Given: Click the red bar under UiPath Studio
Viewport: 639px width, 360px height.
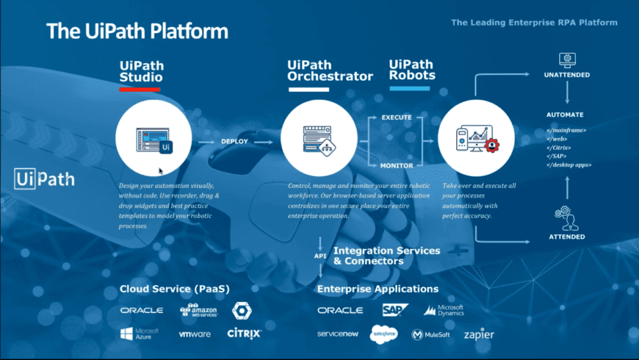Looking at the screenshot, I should (x=140, y=90).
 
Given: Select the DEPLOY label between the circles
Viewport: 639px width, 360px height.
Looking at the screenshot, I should (x=235, y=142).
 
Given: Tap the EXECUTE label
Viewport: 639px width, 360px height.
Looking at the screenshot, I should (x=397, y=117).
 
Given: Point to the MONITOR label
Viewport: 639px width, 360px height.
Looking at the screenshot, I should (x=397, y=165).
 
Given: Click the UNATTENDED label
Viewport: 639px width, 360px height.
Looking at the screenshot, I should (x=566, y=75).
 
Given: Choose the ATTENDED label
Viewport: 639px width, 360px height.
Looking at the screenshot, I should (x=567, y=237).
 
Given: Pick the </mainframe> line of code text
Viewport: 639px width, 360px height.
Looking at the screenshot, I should (x=567, y=130).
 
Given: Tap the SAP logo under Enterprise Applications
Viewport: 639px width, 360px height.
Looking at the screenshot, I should (x=395, y=310).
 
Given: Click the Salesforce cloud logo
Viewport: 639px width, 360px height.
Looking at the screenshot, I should (x=384, y=334).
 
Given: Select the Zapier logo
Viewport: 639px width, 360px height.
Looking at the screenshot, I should (x=479, y=335).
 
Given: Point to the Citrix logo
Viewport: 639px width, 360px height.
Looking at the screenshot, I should (x=244, y=334).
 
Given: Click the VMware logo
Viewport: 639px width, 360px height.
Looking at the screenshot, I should (x=195, y=334).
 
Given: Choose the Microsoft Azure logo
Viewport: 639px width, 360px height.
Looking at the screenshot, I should (x=139, y=334).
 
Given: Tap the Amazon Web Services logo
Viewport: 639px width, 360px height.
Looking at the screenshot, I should (x=198, y=310).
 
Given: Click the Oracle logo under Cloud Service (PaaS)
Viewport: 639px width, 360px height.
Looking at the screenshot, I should (x=142, y=310).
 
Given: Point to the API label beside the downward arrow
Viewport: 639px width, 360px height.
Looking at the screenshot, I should (x=319, y=255).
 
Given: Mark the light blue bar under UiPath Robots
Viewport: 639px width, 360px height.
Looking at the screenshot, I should (x=410, y=89).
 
